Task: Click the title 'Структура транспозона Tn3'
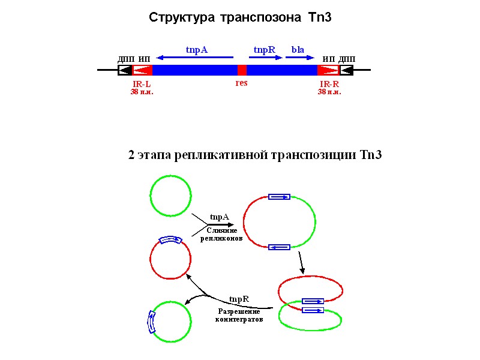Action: pyautogui.click(x=240, y=18)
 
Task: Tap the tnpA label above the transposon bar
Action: pyautogui.click(x=196, y=49)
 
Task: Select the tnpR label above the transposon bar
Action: pyautogui.click(x=264, y=49)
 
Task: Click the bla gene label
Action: pyautogui.click(x=298, y=49)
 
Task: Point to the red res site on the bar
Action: pyautogui.click(x=242, y=70)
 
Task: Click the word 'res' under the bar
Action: pyautogui.click(x=241, y=83)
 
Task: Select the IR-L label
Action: pyautogui.click(x=142, y=84)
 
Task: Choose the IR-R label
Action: pyautogui.click(x=329, y=84)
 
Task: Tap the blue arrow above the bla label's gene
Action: pyautogui.click(x=299, y=58)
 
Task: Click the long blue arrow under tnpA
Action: pyautogui.click(x=196, y=58)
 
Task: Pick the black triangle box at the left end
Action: pyautogui.click(x=125, y=70)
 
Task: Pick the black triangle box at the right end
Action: pyautogui.click(x=346, y=70)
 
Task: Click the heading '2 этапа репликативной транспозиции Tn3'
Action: pyautogui.click(x=254, y=155)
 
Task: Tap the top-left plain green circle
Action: pyautogui.click(x=170, y=195)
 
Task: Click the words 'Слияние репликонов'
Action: pyautogui.click(x=221, y=234)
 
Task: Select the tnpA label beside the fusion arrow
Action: pyautogui.click(x=220, y=217)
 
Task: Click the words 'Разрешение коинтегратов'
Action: pyautogui.click(x=239, y=316)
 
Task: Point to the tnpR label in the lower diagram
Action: pyautogui.click(x=239, y=299)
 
